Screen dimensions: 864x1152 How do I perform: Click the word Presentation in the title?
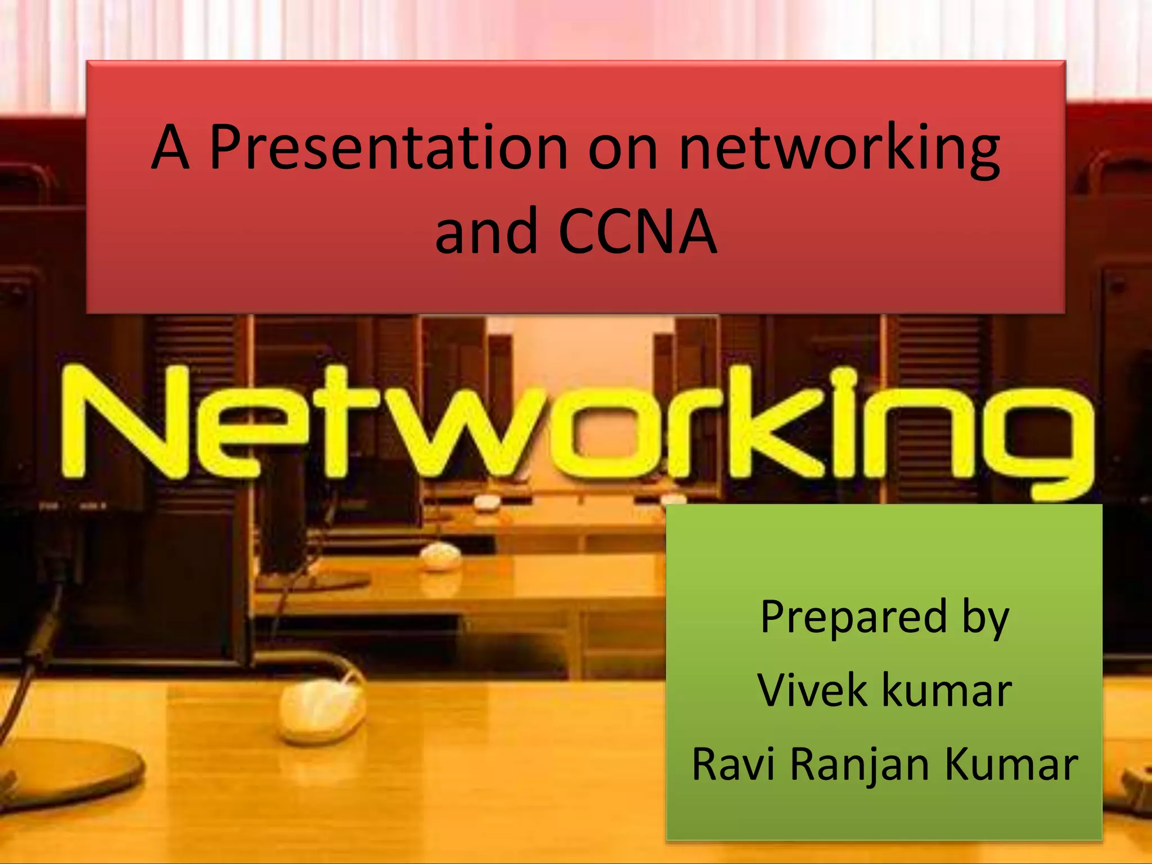tap(388, 147)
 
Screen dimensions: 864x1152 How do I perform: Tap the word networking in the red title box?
tap(839, 148)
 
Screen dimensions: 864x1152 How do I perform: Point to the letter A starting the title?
tap(170, 147)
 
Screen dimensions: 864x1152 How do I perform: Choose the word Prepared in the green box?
tap(853, 618)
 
